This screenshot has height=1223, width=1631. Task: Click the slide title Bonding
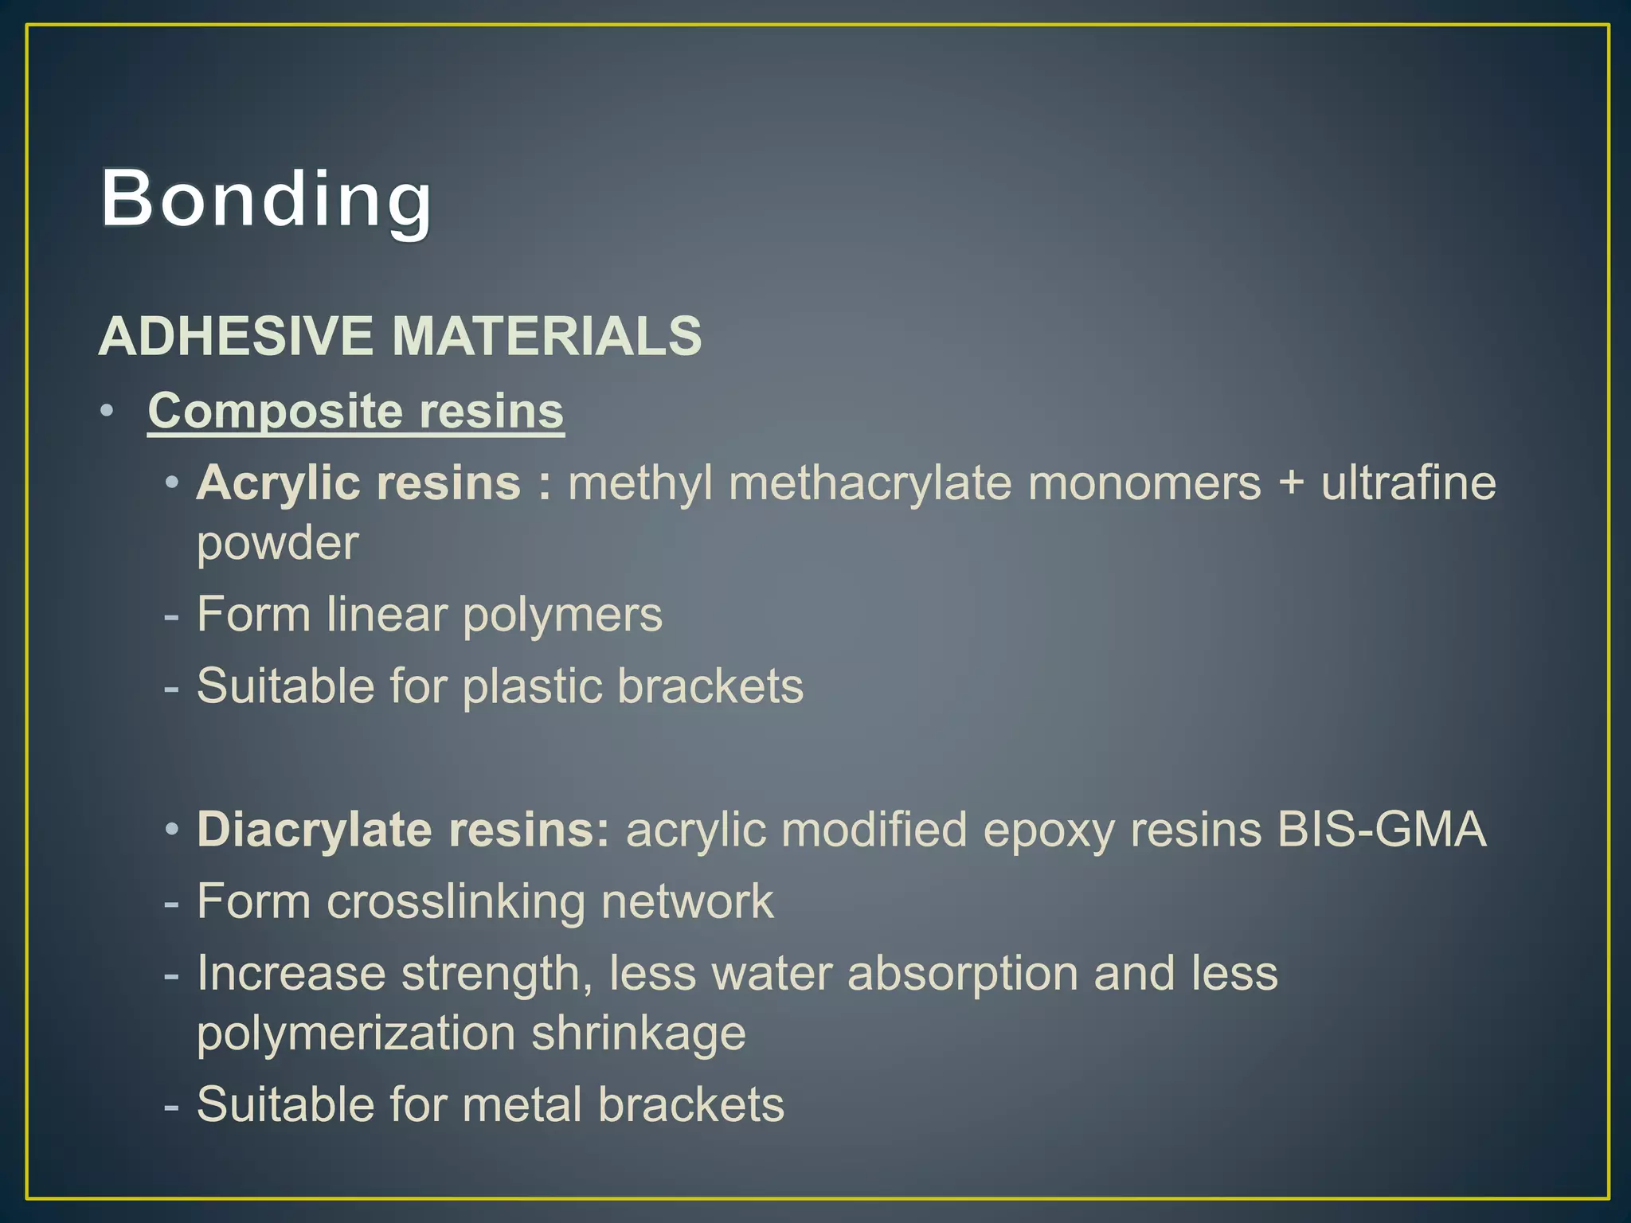(266, 199)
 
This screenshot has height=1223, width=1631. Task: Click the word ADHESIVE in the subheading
(236, 336)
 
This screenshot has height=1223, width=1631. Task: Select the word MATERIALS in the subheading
(547, 336)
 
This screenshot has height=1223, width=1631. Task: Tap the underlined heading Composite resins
(356, 412)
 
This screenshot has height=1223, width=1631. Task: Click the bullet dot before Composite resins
(108, 412)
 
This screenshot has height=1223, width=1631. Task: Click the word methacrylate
(870, 483)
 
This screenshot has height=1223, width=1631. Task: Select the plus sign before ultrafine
(1291, 483)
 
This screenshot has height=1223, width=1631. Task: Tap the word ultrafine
(1409, 483)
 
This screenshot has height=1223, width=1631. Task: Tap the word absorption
(962, 975)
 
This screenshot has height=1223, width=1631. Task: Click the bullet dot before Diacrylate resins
(172, 830)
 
